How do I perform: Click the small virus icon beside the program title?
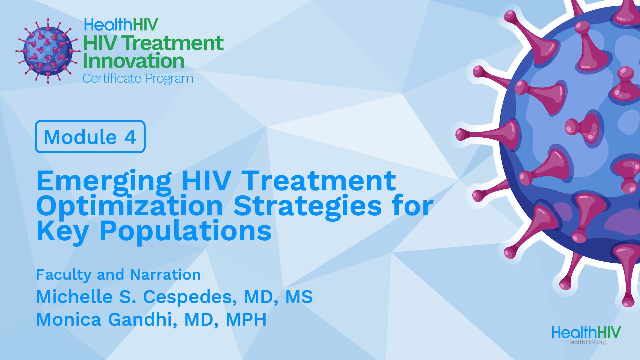pos(48,51)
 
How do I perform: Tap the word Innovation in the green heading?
pos(134,61)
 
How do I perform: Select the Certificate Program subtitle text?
pos(138,79)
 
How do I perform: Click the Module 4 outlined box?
pos(90,137)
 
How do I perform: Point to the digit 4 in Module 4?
pos(130,137)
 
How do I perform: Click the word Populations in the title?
pos(186,231)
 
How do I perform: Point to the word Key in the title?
pos(62,231)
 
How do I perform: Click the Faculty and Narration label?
pos(118,275)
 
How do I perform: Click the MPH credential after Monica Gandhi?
pos(246,319)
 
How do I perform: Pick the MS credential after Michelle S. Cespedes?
pos(299,297)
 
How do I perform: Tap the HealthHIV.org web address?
pos(586,342)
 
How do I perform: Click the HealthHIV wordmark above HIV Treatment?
pos(121,25)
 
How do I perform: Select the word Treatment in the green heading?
pos(172,43)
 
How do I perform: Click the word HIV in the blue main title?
pos(206,181)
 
